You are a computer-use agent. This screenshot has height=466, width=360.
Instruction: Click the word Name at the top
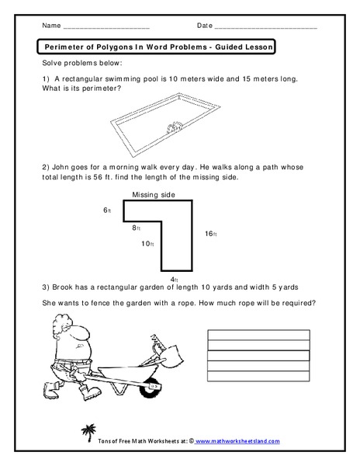coord(50,26)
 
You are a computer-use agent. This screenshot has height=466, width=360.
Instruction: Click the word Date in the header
coord(205,26)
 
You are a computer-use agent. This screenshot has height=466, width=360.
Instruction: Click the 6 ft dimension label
coord(107,210)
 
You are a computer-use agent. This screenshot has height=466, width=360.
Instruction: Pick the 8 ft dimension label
coord(137,228)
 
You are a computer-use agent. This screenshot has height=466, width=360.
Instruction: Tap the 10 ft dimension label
coord(147,244)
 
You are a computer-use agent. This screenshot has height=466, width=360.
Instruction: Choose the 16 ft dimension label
coord(210,234)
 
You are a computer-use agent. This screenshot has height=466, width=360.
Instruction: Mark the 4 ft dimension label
coord(175,279)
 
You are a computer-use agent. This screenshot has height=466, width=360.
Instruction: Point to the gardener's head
coord(70,331)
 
